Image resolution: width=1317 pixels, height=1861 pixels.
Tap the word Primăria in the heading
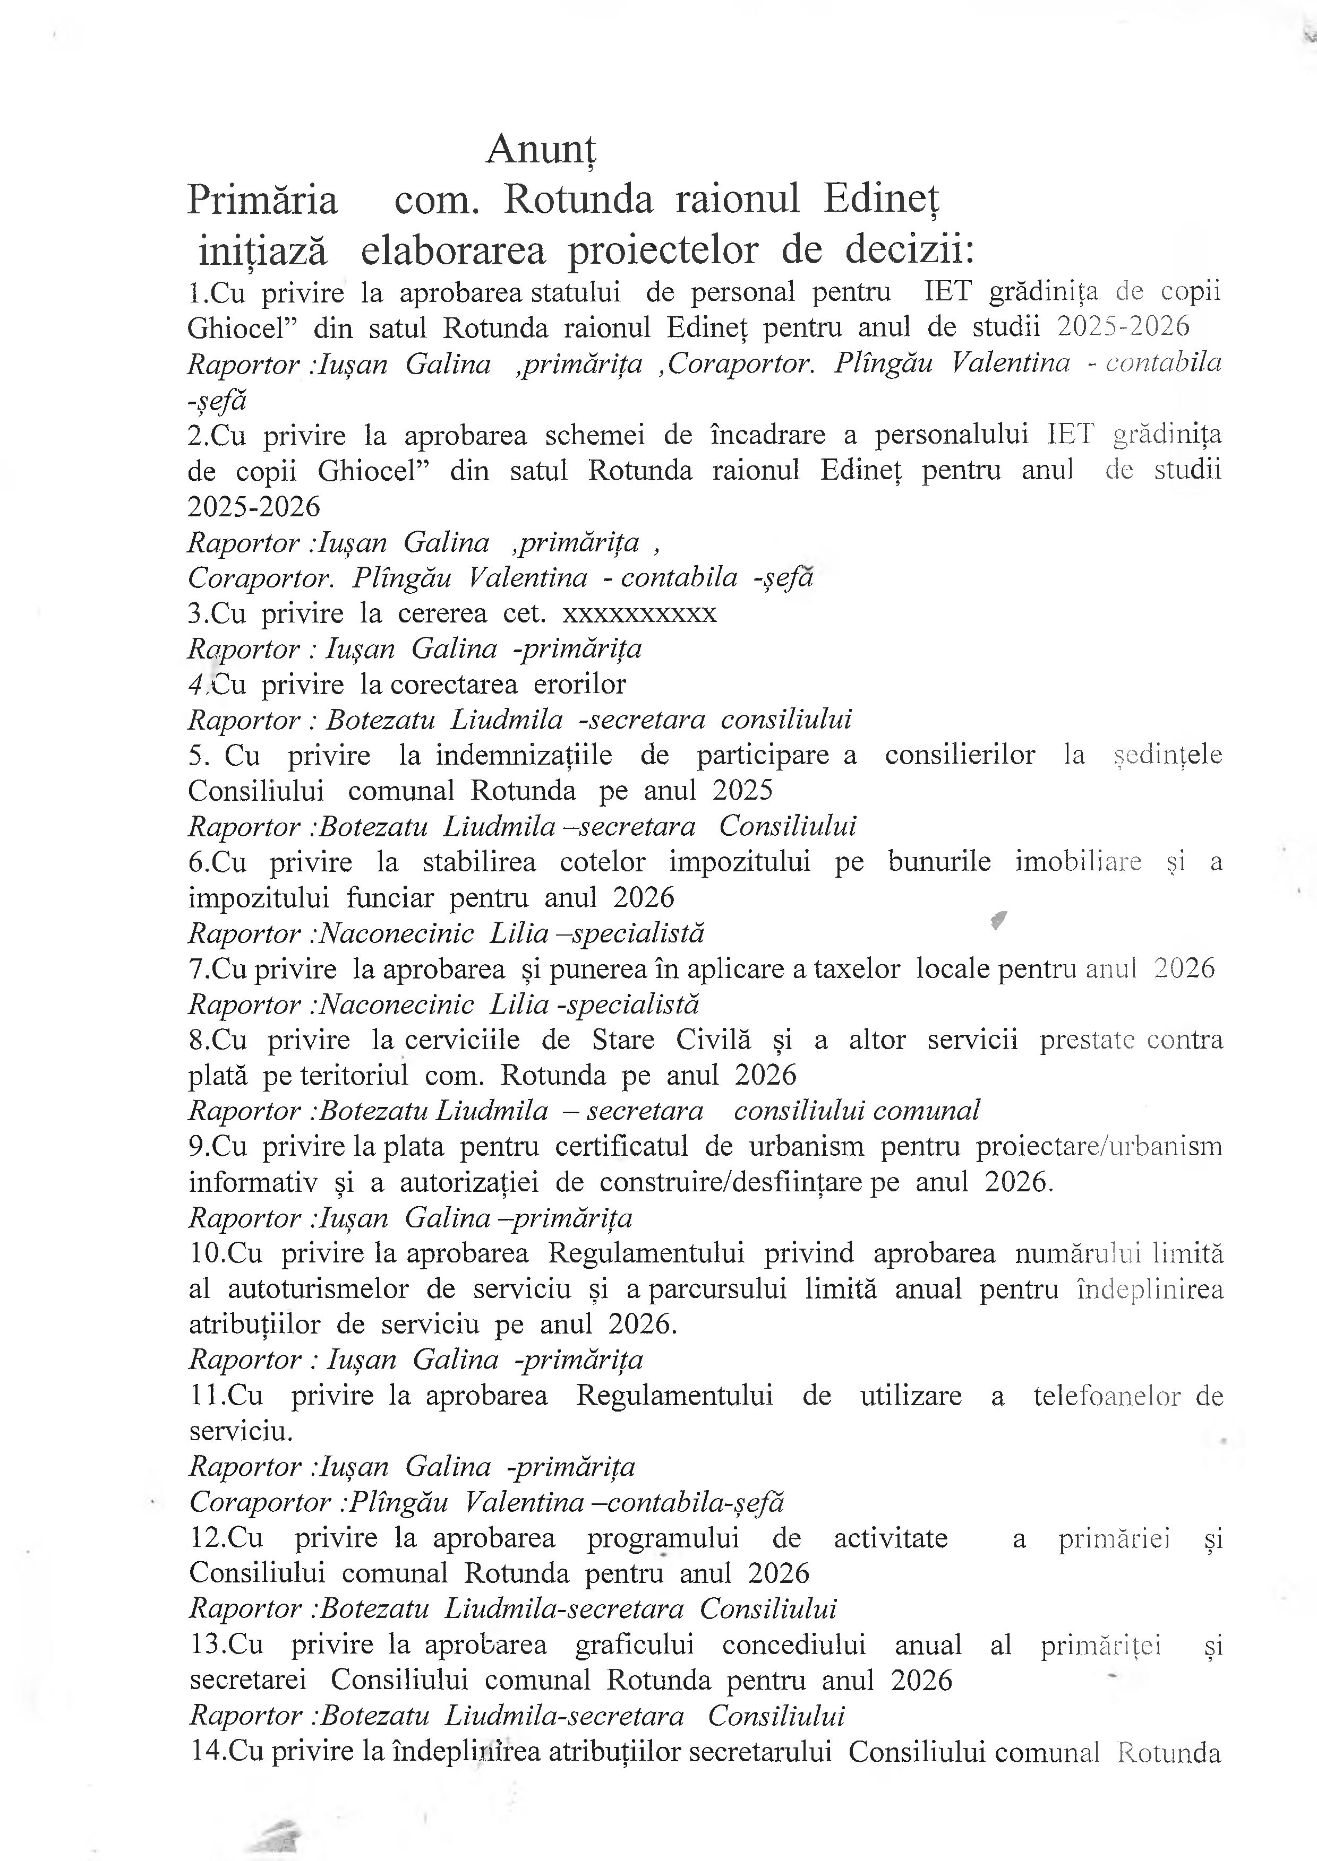tap(262, 200)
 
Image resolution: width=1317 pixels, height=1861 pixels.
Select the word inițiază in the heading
tap(263, 252)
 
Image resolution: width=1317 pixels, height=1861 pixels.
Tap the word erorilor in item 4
tap(579, 684)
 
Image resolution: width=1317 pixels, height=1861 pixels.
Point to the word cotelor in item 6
tap(603, 862)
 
